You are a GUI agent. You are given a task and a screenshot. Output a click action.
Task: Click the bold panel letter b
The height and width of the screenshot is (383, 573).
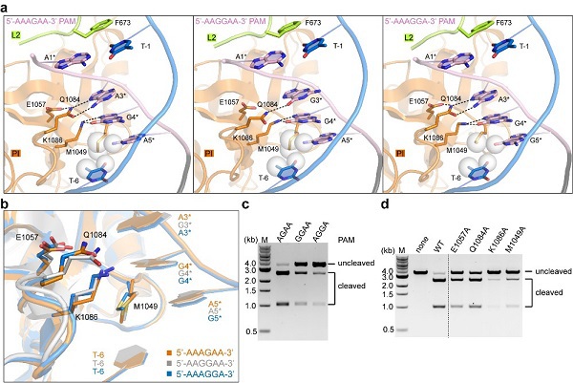7,202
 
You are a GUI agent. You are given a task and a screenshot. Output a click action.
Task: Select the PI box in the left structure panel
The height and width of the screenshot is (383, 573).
16,151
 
